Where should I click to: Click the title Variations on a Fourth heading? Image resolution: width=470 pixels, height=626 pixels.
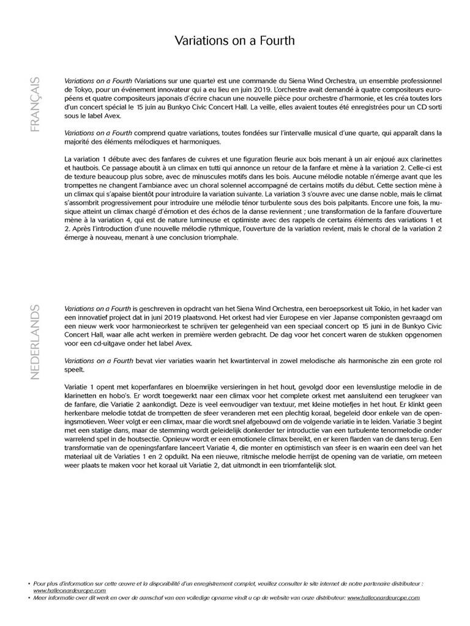pyautogui.click(x=235, y=41)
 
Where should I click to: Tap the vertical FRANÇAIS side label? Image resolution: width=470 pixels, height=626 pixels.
pyautogui.click(x=35, y=103)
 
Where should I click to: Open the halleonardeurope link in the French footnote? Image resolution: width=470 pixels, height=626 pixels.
pyautogui.click(x=69, y=591)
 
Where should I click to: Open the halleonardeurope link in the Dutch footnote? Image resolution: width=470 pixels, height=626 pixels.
pyautogui.click(x=384, y=597)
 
